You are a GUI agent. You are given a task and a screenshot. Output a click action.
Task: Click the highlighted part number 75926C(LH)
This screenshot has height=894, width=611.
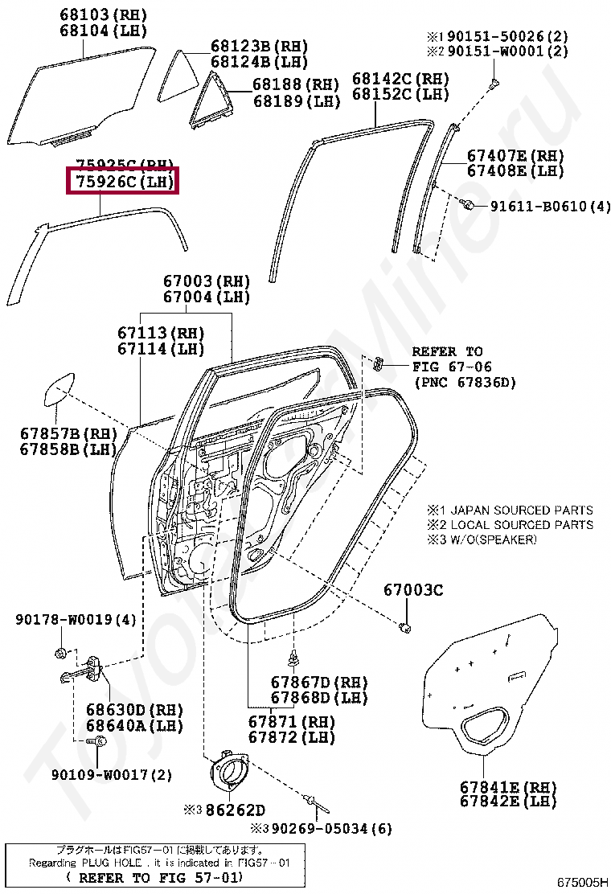121,182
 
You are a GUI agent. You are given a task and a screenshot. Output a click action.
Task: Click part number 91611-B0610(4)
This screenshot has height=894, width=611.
552,207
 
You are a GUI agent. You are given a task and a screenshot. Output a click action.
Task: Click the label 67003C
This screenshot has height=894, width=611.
412,590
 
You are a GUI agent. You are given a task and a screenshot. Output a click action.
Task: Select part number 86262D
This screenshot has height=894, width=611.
235,809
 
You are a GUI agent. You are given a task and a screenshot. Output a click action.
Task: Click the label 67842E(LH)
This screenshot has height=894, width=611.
509,801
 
